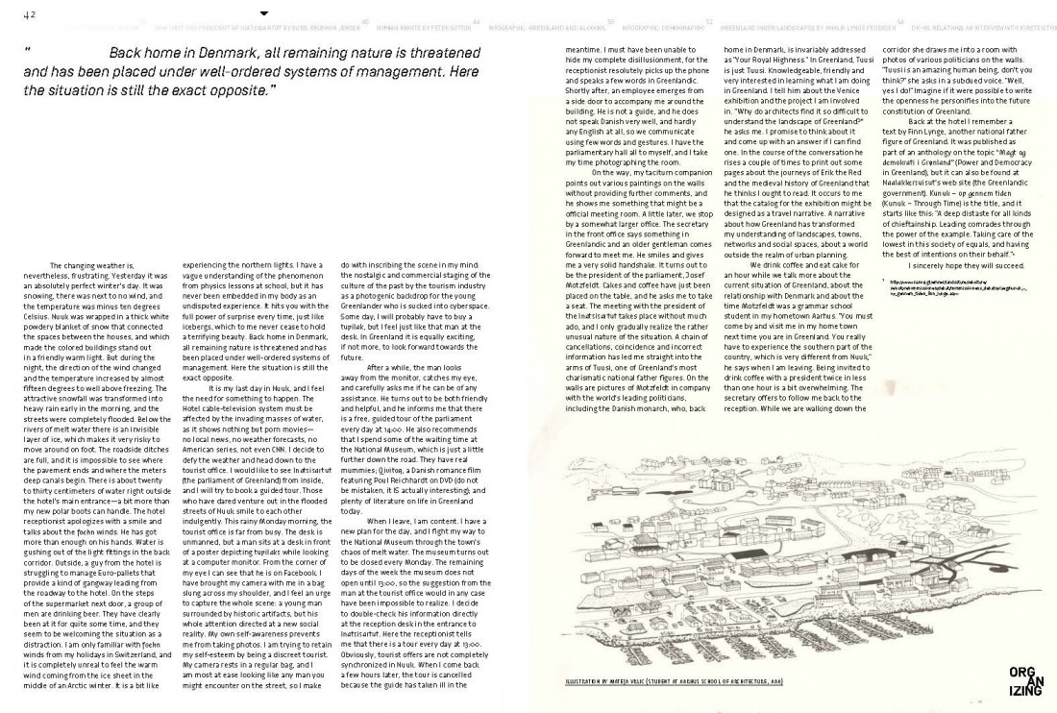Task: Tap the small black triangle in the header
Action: coord(264,12)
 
